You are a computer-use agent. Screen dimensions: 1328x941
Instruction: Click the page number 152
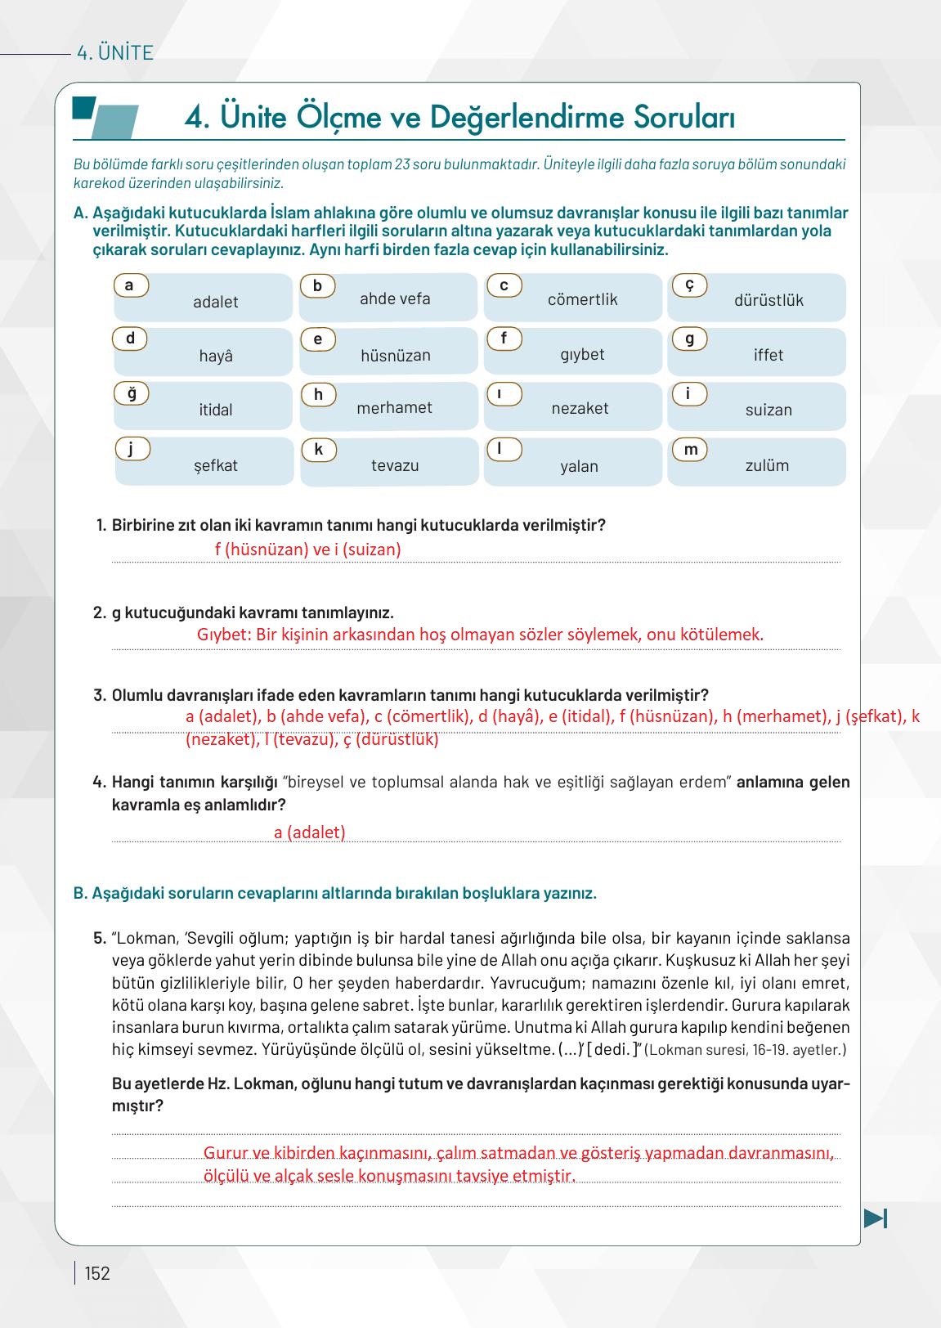tap(96, 1273)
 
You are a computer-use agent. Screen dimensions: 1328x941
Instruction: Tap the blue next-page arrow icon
tap(875, 1218)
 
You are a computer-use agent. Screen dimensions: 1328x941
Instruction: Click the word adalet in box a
tap(216, 302)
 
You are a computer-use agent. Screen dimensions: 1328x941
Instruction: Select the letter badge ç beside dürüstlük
tap(689, 285)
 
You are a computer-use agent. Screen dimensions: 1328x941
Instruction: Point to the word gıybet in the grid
tap(582, 354)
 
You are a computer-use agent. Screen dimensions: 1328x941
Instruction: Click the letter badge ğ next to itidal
tap(132, 393)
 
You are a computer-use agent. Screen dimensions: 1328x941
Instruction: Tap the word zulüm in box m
tap(767, 465)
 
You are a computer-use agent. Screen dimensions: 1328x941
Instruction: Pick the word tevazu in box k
tap(395, 465)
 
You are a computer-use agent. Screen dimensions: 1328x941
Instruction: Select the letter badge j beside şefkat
tap(132, 448)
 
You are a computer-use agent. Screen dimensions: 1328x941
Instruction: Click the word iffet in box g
tap(768, 355)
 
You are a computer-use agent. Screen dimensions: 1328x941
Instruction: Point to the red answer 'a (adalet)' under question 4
tap(309, 832)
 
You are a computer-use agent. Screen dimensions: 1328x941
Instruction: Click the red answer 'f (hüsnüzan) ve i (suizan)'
tap(307, 550)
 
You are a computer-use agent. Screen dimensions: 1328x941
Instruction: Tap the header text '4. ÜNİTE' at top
tap(115, 52)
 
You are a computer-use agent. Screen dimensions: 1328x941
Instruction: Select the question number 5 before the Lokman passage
tap(100, 938)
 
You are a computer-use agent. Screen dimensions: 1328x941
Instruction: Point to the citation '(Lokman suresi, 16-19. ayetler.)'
tap(745, 1050)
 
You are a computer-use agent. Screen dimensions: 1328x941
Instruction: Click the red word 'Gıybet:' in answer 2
tap(224, 635)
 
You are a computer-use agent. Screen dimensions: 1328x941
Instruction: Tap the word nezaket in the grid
tap(580, 408)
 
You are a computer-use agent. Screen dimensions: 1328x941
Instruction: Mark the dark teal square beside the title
tap(83, 107)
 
